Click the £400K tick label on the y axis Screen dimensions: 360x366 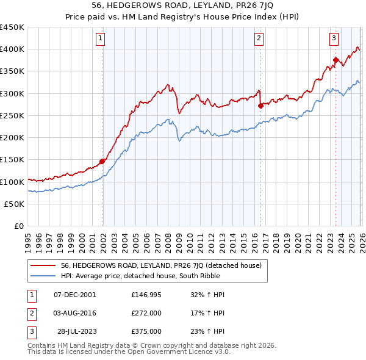coord(12,49)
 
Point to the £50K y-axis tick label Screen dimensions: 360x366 coord(14,204)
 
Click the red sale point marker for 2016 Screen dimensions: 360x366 coord(260,106)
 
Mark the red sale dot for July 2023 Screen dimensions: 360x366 coord(335,60)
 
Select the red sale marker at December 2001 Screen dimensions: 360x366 coord(102,161)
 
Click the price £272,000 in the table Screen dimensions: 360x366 coord(146,313)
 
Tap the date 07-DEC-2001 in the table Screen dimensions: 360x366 coord(75,294)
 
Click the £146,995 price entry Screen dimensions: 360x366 coord(146,294)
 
